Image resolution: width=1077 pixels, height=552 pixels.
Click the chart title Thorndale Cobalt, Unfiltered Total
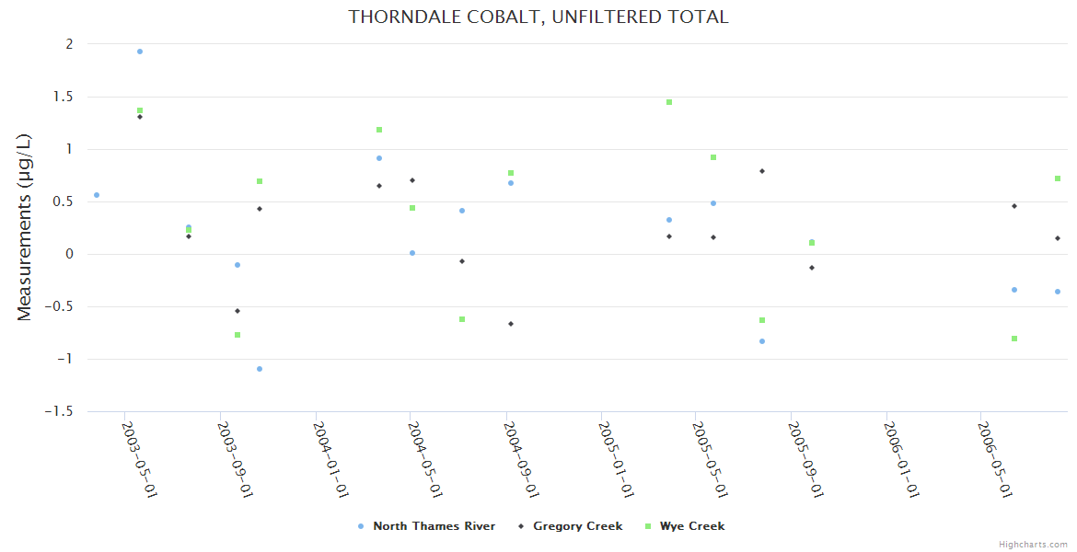(x=538, y=17)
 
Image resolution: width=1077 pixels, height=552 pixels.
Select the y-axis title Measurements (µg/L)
(x=25, y=227)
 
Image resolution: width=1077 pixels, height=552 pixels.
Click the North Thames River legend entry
(x=434, y=526)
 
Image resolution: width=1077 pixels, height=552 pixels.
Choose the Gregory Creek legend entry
(x=577, y=526)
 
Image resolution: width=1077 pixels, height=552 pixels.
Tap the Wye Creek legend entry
(x=691, y=526)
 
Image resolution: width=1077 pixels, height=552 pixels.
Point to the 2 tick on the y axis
(x=68, y=44)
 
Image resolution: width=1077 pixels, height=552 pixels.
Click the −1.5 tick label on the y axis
(x=59, y=411)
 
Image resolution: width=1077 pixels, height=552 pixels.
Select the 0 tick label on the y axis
(x=68, y=254)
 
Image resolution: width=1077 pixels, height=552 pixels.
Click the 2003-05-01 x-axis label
(x=139, y=459)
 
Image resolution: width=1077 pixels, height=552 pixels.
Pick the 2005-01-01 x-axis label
(x=615, y=459)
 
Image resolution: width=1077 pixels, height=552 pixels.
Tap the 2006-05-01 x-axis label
(x=995, y=459)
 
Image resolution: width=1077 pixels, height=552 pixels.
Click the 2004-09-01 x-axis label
(x=520, y=459)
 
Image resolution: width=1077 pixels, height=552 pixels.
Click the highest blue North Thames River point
(x=140, y=52)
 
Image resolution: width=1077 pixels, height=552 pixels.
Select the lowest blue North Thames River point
(x=260, y=369)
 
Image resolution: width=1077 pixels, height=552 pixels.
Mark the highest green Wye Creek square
(x=669, y=102)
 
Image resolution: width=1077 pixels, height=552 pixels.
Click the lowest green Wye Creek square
(x=1014, y=339)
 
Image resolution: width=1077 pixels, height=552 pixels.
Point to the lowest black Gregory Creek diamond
(x=511, y=324)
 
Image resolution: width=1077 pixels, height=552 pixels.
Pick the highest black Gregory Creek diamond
(x=140, y=117)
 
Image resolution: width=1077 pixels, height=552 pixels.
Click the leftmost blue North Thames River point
(x=97, y=195)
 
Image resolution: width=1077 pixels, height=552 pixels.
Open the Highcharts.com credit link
(x=1033, y=544)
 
